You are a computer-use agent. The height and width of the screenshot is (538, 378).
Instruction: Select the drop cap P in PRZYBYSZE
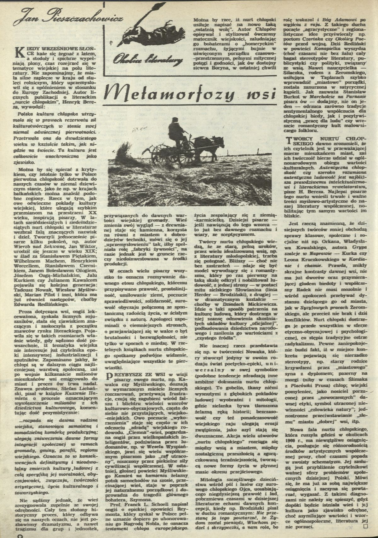pos(109,377)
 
